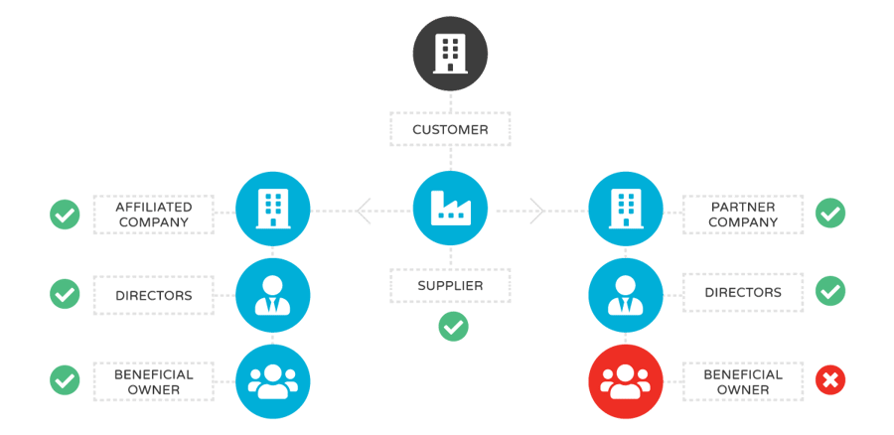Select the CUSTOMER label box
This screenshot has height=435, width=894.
450,129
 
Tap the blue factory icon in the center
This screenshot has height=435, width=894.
450,209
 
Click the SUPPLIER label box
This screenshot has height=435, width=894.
450,286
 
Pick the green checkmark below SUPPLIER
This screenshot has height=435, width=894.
453,326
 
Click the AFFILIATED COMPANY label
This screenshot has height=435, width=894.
154,215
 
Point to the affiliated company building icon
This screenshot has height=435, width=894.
272,209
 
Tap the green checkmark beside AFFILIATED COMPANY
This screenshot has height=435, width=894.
65,213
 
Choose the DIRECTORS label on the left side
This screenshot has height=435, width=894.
154,294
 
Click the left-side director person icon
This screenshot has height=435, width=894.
272,294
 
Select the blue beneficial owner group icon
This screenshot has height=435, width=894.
272,379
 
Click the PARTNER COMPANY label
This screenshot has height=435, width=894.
743,215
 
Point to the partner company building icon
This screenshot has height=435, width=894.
626,209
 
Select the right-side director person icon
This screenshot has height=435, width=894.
626,294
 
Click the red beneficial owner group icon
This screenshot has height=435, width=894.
626,379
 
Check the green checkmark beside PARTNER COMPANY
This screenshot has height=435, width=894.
829,213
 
